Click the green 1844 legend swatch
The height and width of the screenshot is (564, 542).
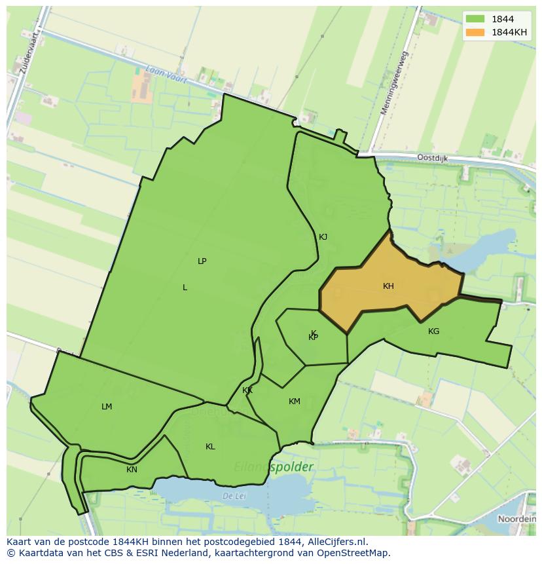[476, 20]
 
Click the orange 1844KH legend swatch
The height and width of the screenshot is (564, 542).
[476, 32]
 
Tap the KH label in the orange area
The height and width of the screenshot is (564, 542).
[388, 286]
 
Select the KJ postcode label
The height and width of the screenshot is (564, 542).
[323, 237]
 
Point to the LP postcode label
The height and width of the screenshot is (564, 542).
[202, 261]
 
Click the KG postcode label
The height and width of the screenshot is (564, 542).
[433, 331]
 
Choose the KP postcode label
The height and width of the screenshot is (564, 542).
[313, 337]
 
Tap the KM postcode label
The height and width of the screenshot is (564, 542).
[295, 402]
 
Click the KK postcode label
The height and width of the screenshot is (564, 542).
[247, 391]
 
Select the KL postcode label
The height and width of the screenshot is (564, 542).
[210, 447]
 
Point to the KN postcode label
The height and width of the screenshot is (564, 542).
[132, 470]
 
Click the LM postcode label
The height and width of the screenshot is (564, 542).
[107, 407]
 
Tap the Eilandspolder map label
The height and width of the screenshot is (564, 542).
[274, 468]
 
